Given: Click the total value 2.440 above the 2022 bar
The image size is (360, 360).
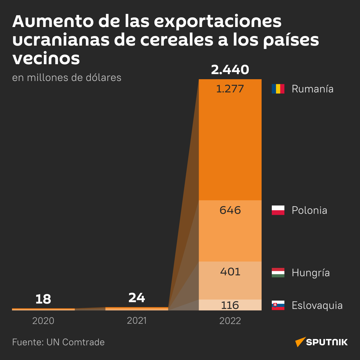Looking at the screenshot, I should click(x=230, y=70).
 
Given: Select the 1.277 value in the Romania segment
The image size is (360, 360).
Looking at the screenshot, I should click(x=230, y=89).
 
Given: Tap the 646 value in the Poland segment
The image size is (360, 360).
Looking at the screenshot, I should click(x=230, y=210).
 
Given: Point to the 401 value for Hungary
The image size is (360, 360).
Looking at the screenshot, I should click(x=230, y=272).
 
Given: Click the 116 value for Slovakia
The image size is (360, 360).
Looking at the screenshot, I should click(x=230, y=305).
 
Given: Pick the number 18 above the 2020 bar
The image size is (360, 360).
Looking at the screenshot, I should click(x=43, y=299).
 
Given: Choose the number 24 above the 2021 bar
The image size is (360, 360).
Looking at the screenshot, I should click(x=136, y=298).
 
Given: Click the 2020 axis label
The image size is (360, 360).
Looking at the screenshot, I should click(x=43, y=321).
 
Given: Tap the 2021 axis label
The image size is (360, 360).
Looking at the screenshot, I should click(x=136, y=321).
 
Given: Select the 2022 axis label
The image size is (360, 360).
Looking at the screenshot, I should click(x=230, y=321).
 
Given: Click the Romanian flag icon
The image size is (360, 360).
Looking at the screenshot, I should click(x=278, y=89).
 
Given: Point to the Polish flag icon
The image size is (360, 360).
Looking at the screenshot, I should click(x=278, y=210).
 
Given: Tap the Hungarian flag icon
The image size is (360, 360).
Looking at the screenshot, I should click(x=278, y=272).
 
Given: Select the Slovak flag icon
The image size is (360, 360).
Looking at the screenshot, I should click(x=278, y=305).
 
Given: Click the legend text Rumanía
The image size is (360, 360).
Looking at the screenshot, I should click(x=312, y=89).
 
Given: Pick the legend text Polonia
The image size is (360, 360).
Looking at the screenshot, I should click(x=309, y=210).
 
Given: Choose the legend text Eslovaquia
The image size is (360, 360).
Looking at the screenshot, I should click(x=317, y=305).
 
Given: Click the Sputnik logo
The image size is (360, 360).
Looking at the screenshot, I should click(x=322, y=342).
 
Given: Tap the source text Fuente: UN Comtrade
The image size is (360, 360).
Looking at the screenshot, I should click(x=58, y=342).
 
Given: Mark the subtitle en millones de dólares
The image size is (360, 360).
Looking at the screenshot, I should click(x=67, y=78).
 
